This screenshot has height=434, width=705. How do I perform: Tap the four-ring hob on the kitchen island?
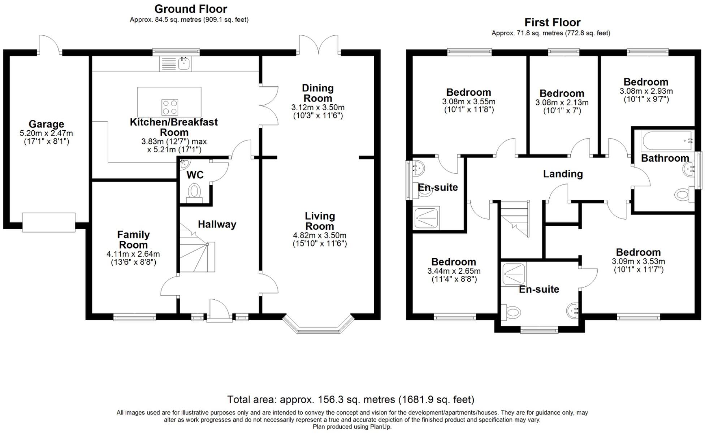coord(169,107)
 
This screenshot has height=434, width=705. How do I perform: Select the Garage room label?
coord(46,124)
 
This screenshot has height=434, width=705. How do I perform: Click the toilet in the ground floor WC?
coord(195,191)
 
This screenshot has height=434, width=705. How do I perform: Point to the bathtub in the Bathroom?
coord(667,141)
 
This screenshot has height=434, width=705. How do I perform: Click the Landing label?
coord(563,174)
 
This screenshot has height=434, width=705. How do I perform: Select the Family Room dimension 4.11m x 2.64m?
coord(133,254)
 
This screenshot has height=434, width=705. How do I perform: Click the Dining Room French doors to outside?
coord(319,45)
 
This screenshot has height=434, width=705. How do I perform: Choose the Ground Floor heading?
coord(191,9)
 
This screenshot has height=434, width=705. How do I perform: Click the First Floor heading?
coord(552,22)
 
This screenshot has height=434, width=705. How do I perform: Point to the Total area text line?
coord(350,400)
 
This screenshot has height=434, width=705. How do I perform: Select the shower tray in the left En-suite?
coord(427,218)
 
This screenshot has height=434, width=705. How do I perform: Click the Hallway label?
coord(217,224)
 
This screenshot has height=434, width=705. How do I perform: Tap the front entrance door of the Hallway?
coord(219,311)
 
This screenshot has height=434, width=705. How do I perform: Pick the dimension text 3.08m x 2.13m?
coord(562,103)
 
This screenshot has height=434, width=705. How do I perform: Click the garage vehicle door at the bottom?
coord(49,222)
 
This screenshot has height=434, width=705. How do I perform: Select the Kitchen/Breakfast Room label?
coord(174,127)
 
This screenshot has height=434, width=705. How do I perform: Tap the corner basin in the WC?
coord(184,164)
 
